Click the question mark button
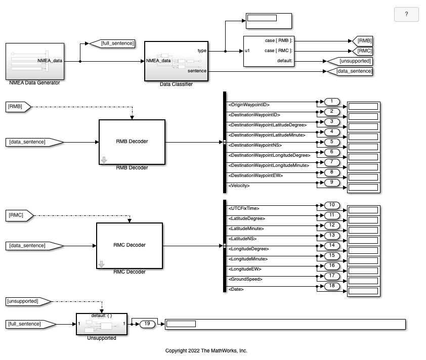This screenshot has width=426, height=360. [x=406, y=15]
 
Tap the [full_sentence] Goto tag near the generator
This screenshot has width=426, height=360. [x=112, y=43]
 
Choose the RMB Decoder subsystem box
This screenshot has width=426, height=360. [x=132, y=142]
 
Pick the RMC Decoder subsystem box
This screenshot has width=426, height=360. [x=130, y=245]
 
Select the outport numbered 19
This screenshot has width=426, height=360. [x=147, y=324]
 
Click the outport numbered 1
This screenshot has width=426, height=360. [x=332, y=102]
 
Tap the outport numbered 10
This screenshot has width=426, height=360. [x=332, y=205]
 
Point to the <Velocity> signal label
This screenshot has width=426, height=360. [x=239, y=186]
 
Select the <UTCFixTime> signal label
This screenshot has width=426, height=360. [x=246, y=208]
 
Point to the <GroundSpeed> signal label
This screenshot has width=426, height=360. [x=246, y=279]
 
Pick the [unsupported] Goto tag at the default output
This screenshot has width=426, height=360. [x=350, y=61]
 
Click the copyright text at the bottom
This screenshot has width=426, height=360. [x=206, y=351]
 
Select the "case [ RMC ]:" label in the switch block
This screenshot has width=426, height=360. [x=278, y=51]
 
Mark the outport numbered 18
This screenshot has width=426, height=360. [x=332, y=286]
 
